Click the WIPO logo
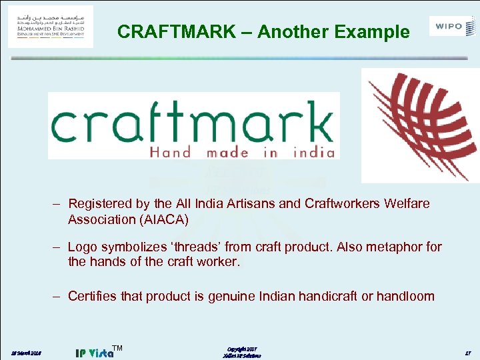(453, 26)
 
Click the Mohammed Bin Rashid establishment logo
(51, 26)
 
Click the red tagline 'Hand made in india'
(241, 152)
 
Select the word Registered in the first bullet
(102, 203)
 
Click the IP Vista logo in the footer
(95, 351)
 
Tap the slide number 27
(468, 352)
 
